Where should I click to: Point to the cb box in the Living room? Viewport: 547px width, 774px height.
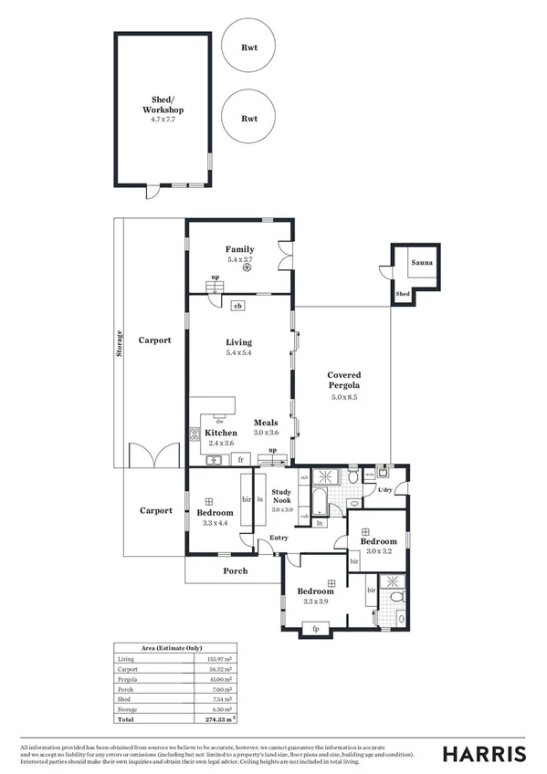pos(237,307)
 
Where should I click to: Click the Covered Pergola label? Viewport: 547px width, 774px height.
pos(344,381)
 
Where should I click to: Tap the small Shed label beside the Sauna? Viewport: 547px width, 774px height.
pos(403,295)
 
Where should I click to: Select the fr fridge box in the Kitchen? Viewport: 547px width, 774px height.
pos(241,458)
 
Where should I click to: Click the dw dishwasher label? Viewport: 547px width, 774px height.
pos(220,421)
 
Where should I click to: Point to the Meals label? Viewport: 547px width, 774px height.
pos(266,423)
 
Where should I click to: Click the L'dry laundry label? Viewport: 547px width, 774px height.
pos(384,491)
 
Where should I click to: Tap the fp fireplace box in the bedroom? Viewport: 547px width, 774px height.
pos(315,628)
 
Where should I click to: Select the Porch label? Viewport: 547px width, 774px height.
pos(236,571)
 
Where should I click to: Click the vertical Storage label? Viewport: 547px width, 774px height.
pos(120,342)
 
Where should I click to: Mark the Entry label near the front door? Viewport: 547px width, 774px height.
pos(266,539)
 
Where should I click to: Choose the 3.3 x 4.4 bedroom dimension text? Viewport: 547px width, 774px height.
pos(216,524)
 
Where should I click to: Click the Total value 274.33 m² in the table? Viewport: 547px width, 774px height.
pos(219,720)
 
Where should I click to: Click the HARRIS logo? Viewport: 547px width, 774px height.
pos(484,753)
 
